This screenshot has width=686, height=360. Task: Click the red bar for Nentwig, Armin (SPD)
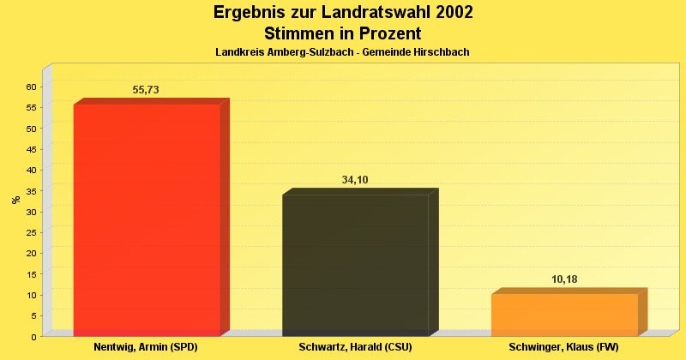coord(147,219)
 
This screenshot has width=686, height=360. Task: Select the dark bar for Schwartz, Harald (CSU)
coord(355,265)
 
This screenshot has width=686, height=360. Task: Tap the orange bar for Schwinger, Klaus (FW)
coord(564,315)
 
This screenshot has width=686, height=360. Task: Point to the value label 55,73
coord(146,89)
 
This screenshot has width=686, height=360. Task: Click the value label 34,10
coord(355,180)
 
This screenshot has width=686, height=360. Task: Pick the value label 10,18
coord(564,279)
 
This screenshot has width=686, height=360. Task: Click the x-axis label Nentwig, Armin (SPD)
coord(146,347)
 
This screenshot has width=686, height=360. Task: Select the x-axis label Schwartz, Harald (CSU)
coord(355,347)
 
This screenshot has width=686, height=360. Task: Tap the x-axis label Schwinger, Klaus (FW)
coord(563,347)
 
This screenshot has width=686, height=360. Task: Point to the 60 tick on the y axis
coord(30,87)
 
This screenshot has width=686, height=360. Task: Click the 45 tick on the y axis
coord(30,149)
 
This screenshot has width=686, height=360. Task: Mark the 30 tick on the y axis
coord(30,212)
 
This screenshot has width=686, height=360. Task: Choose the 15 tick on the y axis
coord(30,274)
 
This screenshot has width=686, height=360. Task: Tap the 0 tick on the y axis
coord(33,337)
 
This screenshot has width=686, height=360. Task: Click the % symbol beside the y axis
coord(15,200)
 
